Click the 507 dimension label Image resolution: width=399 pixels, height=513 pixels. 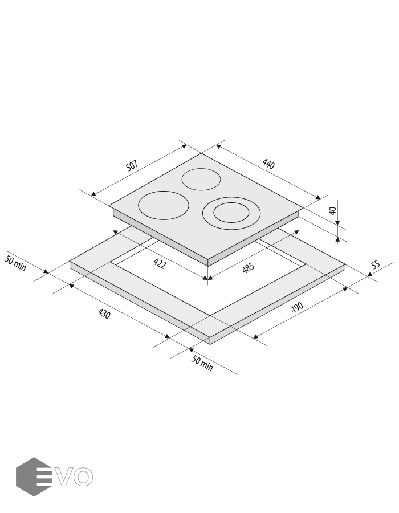132,165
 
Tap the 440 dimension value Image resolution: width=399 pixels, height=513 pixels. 268,164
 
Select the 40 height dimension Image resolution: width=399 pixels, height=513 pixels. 333,211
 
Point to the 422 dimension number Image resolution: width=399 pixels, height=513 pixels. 159,263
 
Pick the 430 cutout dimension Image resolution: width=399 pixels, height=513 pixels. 104,313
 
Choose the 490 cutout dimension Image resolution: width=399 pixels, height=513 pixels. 297,308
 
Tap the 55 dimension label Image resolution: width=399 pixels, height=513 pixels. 376,264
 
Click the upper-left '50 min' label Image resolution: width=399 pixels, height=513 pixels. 15,263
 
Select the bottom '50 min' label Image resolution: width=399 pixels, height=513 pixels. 202,364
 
